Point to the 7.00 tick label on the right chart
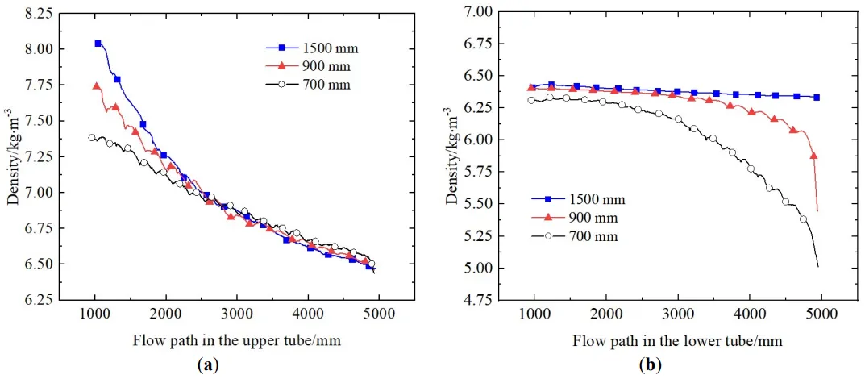(x=476, y=11)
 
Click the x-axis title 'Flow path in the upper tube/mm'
(x=236, y=340)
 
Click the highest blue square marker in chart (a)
(x=98, y=44)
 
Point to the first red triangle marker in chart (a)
(x=97, y=86)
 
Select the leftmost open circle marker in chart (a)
(x=92, y=138)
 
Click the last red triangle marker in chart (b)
(x=813, y=156)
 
